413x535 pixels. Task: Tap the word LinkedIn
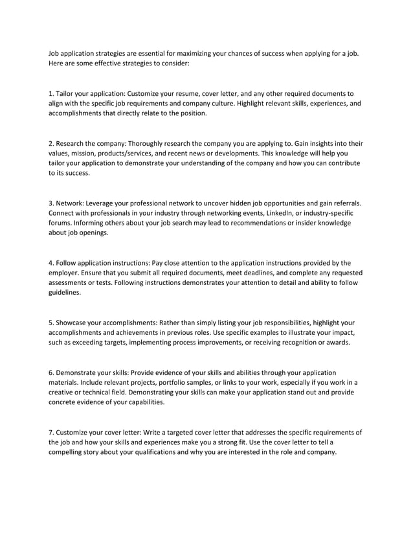(x=278, y=212)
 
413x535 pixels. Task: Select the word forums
(x=62, y=222)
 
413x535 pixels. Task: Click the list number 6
(x=51, y=372)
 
